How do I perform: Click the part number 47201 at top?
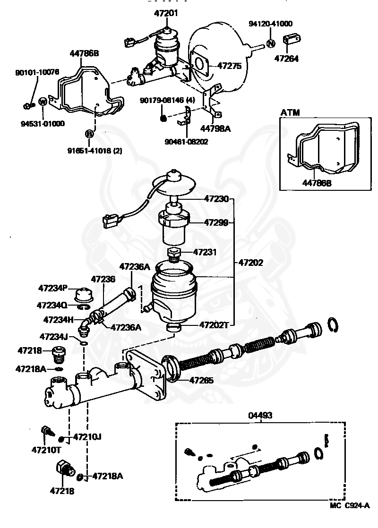click(x=166, y=13)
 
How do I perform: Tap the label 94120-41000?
click(x=271, y=23)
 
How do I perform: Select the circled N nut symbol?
click(x=271, y=43)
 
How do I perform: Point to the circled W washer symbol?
click(x=42, y=101)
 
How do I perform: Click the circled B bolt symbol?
click(x=89, y=134)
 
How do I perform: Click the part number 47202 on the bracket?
click(x=250, y=262)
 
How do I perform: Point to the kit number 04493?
click(x=260, y=416)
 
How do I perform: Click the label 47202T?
click(x=214, y=325)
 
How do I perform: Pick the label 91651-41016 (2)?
click(x=95, y=151)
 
